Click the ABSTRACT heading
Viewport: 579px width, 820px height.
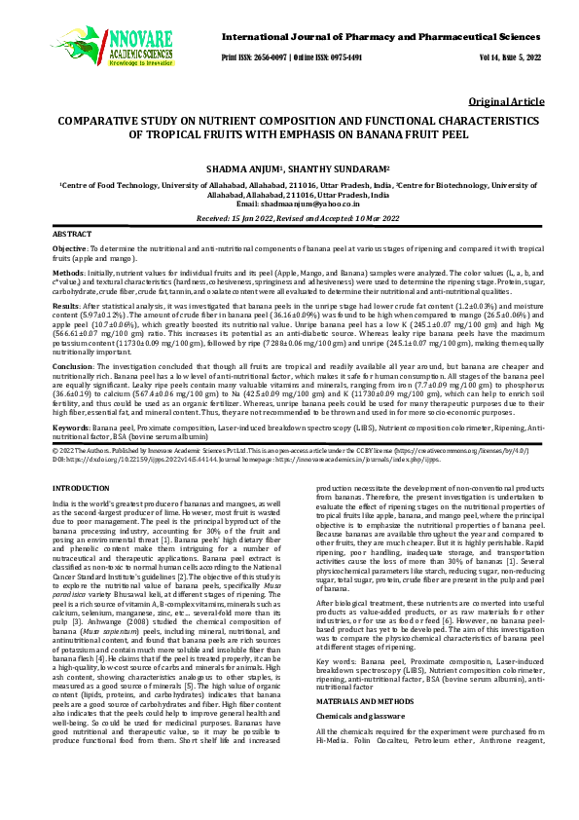click(x=71, y=236)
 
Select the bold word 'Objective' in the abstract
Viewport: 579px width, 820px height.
click(x=69, y=250)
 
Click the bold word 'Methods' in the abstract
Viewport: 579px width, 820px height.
click(x=67, y=275)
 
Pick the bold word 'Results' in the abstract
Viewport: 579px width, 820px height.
click(x=66, y=306)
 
